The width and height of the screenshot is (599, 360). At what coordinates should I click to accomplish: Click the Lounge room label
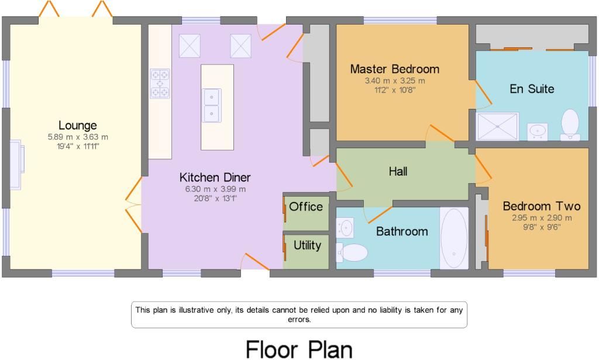[x=77, y=125]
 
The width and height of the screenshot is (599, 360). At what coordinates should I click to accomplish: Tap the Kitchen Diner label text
[x=215, y=177]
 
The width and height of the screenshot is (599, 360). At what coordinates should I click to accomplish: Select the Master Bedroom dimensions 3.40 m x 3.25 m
[x=394, y=81]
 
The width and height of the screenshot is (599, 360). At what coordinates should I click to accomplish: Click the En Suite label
[x=532, y=89]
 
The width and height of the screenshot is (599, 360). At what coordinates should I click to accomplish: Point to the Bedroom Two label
[x=541, y=206]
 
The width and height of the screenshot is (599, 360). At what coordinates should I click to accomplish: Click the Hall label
[x=398, y=172]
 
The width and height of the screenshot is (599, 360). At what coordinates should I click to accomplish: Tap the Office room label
[x=306, y=207]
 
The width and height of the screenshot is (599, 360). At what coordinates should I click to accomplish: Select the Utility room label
[x=307, y=245]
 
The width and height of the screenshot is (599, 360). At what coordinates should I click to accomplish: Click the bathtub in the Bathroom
[x=454, y=238]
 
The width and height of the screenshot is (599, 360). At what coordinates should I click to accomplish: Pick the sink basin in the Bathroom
[x=345, y=227]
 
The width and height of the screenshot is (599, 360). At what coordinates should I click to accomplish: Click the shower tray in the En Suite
[x=498, y=126]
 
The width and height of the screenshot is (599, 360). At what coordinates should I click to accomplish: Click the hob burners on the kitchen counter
[x=160, y=84]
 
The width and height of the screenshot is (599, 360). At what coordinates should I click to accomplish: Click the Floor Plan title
[x=299, y=349]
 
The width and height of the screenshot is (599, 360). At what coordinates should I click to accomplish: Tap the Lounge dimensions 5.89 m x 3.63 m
[x=78, y=137]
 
